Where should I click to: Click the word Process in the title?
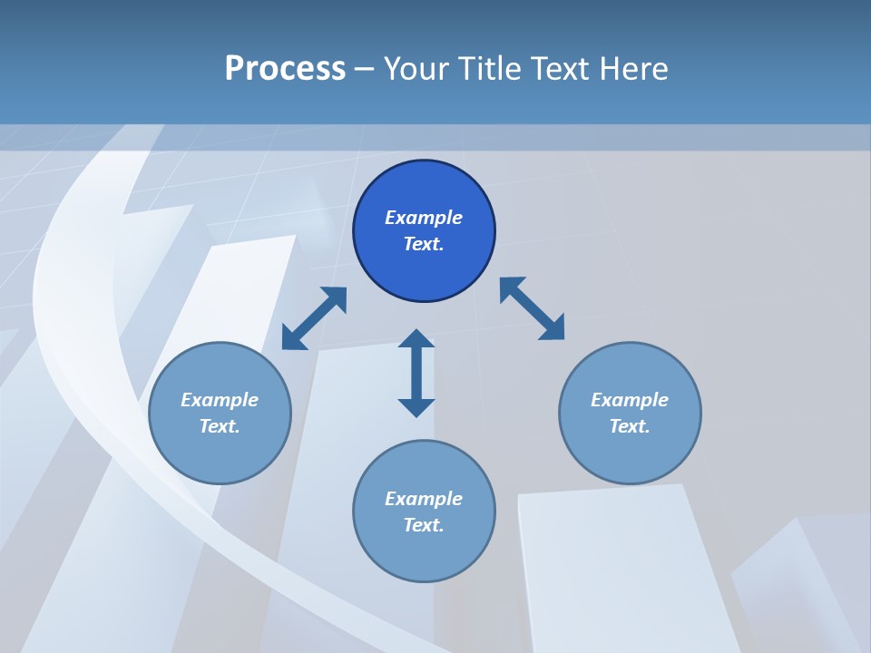(x=285, y=68)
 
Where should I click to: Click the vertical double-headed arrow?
(x=416, y=373)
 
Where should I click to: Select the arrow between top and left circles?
(x=314, y=318)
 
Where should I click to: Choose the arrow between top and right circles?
(x=533, y=308)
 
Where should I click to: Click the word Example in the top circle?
(x=424, y=218)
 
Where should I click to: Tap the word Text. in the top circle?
(x=424, y=244)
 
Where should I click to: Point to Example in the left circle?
(x=220, y=400)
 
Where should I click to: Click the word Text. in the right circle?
(x=630, y=426)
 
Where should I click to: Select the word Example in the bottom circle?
(x=424, y=499)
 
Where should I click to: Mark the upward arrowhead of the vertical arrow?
(x=416, y=339)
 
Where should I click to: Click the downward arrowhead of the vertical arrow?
(x=416, y=407)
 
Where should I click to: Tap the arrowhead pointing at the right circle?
(x=553, y=328)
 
